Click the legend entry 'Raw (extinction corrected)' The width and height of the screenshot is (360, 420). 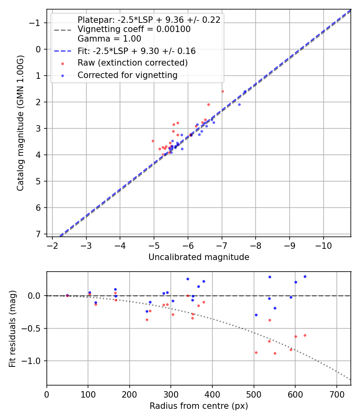pos(132,63)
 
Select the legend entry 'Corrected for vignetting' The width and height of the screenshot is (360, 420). pos(127,75)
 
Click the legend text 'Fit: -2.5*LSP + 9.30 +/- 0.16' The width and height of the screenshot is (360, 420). pos(136,51)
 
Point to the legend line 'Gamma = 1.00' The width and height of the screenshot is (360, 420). pos(109,39)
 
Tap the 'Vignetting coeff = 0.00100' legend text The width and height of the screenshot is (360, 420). pos(134,29)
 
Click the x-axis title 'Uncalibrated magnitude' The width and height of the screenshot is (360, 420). pos(199,257)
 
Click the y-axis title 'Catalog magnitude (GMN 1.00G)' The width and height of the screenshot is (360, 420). pos(20,123)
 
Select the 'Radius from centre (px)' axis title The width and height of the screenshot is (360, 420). pos(199,406)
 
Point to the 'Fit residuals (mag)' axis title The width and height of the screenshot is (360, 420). pos(12,328)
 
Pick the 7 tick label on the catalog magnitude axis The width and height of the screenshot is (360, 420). pos(38,234)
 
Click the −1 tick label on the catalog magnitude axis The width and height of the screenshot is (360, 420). pos(35,23)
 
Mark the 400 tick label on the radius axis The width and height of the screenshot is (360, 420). pos(212,394)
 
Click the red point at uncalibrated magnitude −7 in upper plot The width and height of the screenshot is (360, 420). pos(222,91)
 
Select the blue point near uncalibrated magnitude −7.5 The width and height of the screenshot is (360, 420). pos(239,104)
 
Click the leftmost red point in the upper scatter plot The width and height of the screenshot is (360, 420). pos(152,141)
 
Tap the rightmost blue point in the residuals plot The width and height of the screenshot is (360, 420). pos(305,276)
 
